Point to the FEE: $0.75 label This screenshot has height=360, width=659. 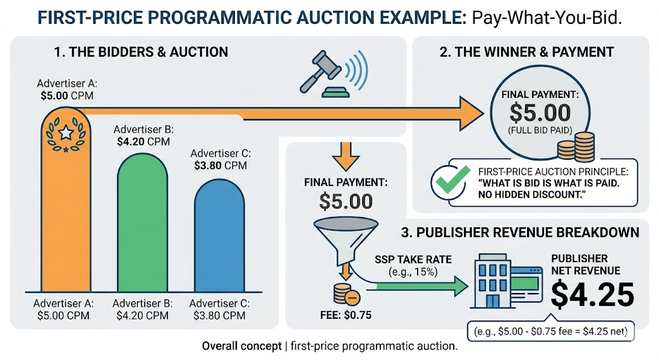(346, 315)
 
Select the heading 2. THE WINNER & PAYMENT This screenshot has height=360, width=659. (526, 52)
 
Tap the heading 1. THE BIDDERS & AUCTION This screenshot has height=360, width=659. (141, 52)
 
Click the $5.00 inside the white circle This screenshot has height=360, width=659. (539, 113)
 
